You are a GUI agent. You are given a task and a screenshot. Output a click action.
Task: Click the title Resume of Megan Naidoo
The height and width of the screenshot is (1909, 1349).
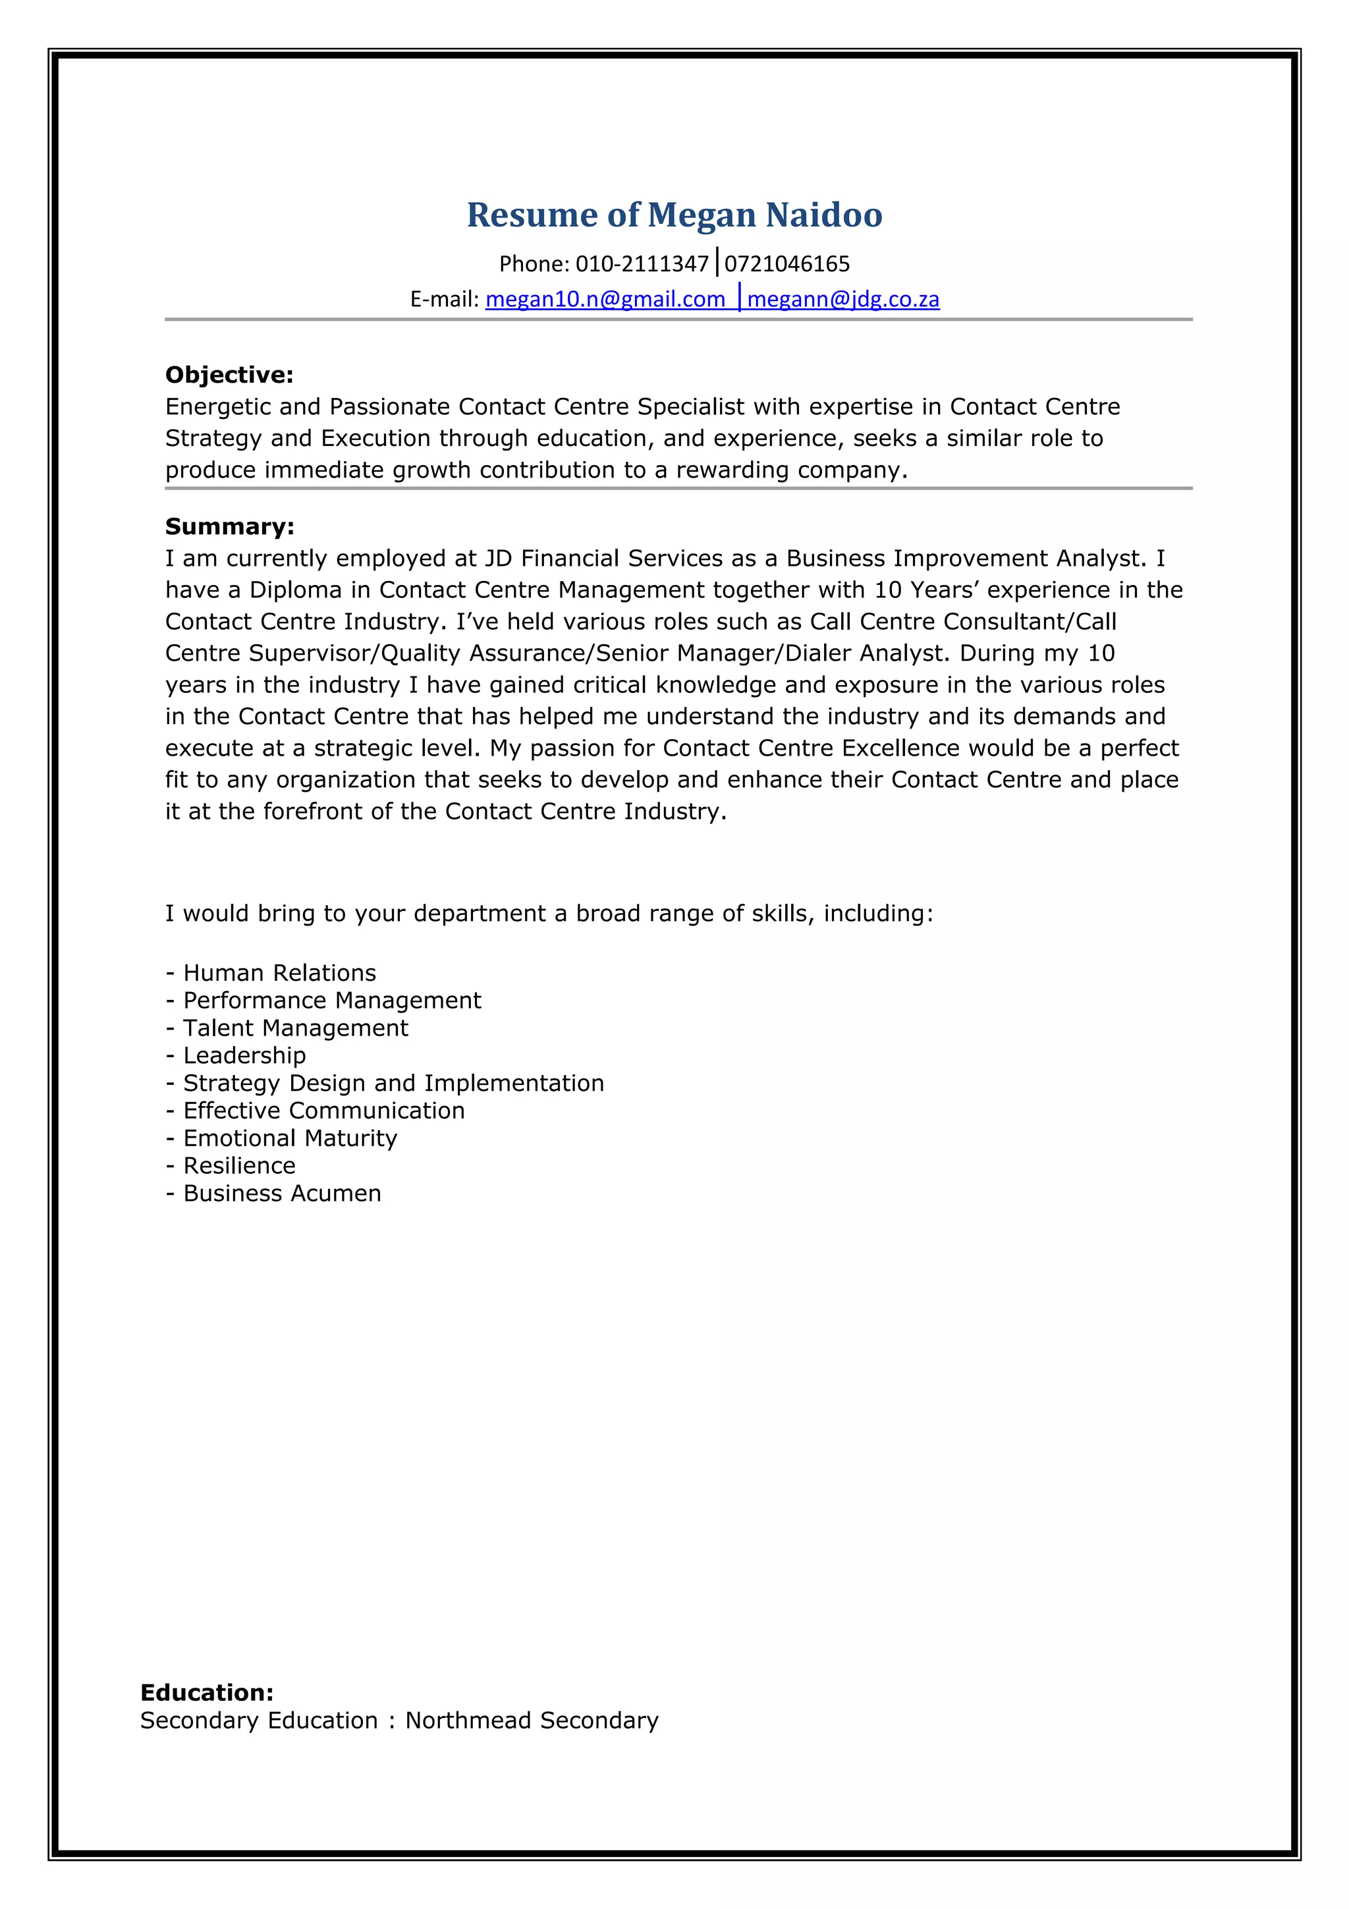pyautogui.click(x=674, y=215)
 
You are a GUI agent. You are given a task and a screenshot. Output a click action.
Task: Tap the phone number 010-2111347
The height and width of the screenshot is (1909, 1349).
pyautogui.click(x=642, y=263)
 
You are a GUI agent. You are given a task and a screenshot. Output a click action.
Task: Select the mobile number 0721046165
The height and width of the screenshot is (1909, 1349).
pyautogui.click(x=787, y=263)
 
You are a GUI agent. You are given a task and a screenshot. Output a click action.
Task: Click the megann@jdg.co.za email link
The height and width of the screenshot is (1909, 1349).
pyautogui.click(x=843, y=299)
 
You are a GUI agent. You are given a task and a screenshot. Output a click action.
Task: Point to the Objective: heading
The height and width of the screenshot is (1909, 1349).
pyautogui.click(x=229, y=375)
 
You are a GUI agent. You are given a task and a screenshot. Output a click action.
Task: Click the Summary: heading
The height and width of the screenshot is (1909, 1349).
pyautogui.click(x=229, y=526)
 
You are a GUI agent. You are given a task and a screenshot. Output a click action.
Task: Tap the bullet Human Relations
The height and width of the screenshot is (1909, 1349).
pyautogui.click(x=279, y=973)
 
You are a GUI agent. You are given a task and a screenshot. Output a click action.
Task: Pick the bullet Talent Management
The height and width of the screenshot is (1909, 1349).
pyautogui.click(x=295, y=1028)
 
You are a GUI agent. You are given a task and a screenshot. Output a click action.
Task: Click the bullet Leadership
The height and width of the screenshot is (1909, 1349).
pyautogui.click(x=244, y=1055)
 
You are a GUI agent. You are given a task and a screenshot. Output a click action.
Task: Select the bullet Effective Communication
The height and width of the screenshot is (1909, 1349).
pyautogui.click(x=323, y=1110)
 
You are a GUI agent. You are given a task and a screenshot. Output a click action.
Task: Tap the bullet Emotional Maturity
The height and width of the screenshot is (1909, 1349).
pyautogui.click(x=290, y=1138)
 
